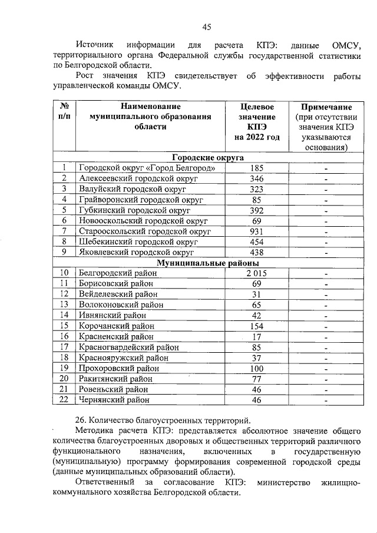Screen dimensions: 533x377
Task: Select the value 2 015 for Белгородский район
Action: (x=256, y=273)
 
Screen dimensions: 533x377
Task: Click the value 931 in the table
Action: (x=256, y=231)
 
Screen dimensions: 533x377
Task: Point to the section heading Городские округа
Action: (x=207, y=157)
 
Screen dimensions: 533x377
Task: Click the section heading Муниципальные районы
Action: (x=207, y=263)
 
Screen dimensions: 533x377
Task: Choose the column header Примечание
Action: (x=326, y=107)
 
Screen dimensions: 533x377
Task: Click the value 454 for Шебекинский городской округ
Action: (x=256, y=241)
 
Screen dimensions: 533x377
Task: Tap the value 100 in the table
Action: (x=256, y=368)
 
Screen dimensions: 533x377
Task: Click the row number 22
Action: (x=64, y=400)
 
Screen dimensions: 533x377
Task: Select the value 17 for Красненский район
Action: (x=256, y=336)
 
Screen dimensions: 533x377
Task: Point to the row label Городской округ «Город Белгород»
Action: (x=151, y=168)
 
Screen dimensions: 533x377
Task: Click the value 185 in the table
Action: (x=256, y=168)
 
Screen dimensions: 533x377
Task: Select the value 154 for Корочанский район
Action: (x=256, y=326)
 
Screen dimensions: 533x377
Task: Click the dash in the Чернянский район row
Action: (x=326, y=400)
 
